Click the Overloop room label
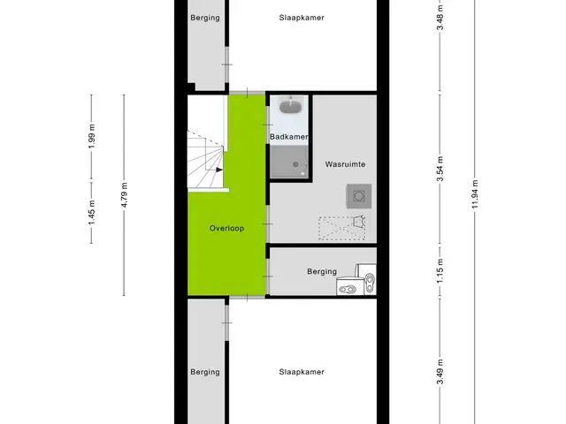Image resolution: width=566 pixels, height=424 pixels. pyautogui.click(x=226, y=228)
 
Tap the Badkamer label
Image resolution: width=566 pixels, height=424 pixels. pyautogui.click(x=289, y=137)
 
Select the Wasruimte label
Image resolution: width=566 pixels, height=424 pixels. pyautogui.click(x=345, y=164)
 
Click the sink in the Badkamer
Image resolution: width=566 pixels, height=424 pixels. pyautogui.click(x=290, y=106)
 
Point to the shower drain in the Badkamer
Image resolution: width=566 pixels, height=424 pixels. pyautogui.click(x=295, y=164)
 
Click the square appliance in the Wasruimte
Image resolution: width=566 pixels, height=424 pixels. pyautogui.click(x=359, y=196)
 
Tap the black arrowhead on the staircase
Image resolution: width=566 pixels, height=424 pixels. pyautogui.click(x=219, y=170)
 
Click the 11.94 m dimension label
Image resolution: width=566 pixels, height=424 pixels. pyautogui.click(x=475, y=194)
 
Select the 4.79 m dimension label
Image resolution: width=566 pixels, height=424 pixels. pyautogui.click(x=124, y=194)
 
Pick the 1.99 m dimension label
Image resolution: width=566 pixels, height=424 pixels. pyautogui.click(x=92, y=136)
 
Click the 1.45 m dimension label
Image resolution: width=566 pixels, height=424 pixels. pyautogui.click(x=92, y=213)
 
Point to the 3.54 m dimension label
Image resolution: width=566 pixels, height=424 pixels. pyautogui.click(x=440, y=169)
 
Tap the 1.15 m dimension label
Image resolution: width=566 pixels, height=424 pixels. pyautogui.click(x=440, y=271)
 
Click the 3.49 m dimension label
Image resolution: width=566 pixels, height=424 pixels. pyautogui.click(x=440, y=373)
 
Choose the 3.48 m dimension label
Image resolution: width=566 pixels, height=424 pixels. pyautogui.click(x=440, y=18)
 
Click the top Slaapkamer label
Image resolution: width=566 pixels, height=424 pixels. pyautogui.click(x=302, y=18)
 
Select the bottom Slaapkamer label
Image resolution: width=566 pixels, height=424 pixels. pyautogui.click(x=302, y=372)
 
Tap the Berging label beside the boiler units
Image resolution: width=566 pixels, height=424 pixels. pyautogui.click(x=322, y=271)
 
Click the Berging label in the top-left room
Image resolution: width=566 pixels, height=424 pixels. pyautogui.click(x=205, y=18)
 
